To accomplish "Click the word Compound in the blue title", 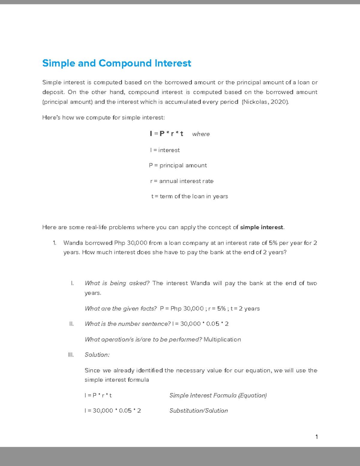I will tap(125, 63).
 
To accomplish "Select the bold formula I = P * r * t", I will tap(166, 134).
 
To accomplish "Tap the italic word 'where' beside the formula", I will tap(201, 134).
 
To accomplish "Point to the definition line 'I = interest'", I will tap(165, 150).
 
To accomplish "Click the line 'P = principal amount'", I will tap(178, 166).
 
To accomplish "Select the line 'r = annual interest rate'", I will tap(181, 181).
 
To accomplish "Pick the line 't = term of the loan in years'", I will tap(190, 197).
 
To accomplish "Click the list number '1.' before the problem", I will tap(54, 243).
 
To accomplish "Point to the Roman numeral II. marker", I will tap(71, 324).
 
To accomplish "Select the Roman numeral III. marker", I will tap(71, 355).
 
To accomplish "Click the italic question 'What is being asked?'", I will tap(117, 283).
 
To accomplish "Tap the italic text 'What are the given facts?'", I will tap(121, 309).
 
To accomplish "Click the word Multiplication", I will tap(222, 340).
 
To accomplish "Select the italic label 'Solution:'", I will tap(97, 355).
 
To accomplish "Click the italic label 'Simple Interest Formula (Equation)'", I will tap(218, 395).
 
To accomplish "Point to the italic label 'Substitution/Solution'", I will tap(198, 411).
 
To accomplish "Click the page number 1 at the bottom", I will tap(316, 437).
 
